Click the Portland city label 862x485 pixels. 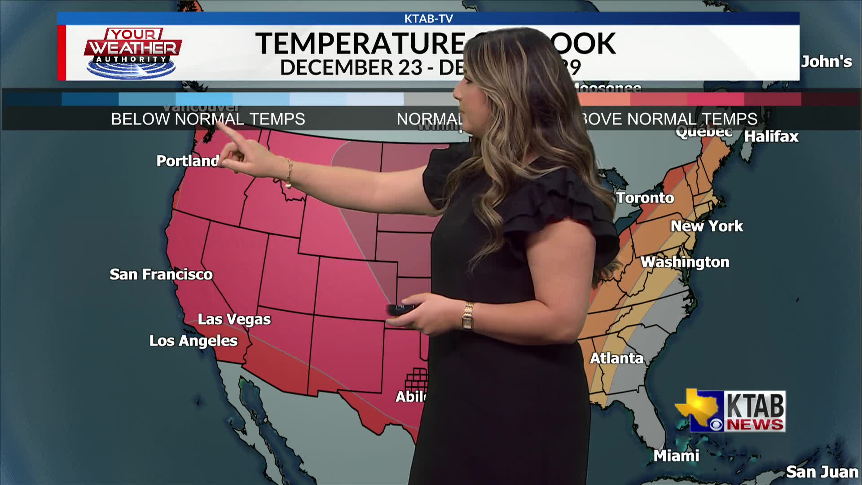188,161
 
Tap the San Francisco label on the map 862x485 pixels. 161,274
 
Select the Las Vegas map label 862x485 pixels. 234,319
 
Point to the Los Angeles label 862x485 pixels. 194,341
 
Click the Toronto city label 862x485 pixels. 645,198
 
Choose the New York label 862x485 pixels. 707,226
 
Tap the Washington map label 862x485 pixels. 685,262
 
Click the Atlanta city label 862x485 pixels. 616,358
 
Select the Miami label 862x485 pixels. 676,456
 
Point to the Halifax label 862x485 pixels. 771,137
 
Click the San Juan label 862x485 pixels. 822,472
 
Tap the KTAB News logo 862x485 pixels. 730,411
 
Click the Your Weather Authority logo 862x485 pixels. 132,53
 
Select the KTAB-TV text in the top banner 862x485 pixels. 428,19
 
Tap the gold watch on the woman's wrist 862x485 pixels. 468,316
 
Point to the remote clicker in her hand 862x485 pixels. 401,309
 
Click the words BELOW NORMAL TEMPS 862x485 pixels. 208,119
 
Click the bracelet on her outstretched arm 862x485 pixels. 289,173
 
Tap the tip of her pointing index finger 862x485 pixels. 219,123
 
